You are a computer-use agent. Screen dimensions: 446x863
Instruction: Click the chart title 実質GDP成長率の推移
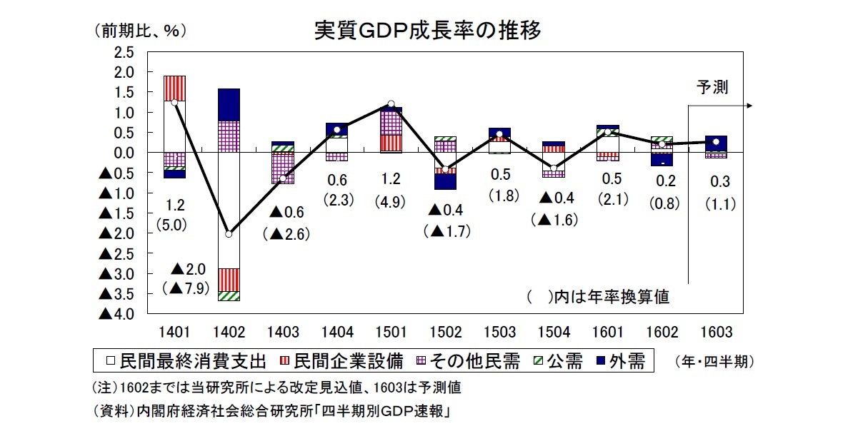428,31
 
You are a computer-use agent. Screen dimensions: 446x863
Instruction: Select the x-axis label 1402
229,332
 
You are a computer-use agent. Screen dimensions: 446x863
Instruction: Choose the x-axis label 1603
716,332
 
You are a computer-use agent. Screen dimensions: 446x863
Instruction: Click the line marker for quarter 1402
229,234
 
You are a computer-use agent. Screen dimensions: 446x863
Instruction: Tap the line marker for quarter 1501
391,104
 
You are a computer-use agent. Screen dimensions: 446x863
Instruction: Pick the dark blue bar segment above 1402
229,104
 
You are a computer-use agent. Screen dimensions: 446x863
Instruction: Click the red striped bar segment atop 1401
174,88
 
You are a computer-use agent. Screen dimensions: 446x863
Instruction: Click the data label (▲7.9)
188,288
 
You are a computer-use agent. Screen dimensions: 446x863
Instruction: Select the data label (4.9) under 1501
390,202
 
